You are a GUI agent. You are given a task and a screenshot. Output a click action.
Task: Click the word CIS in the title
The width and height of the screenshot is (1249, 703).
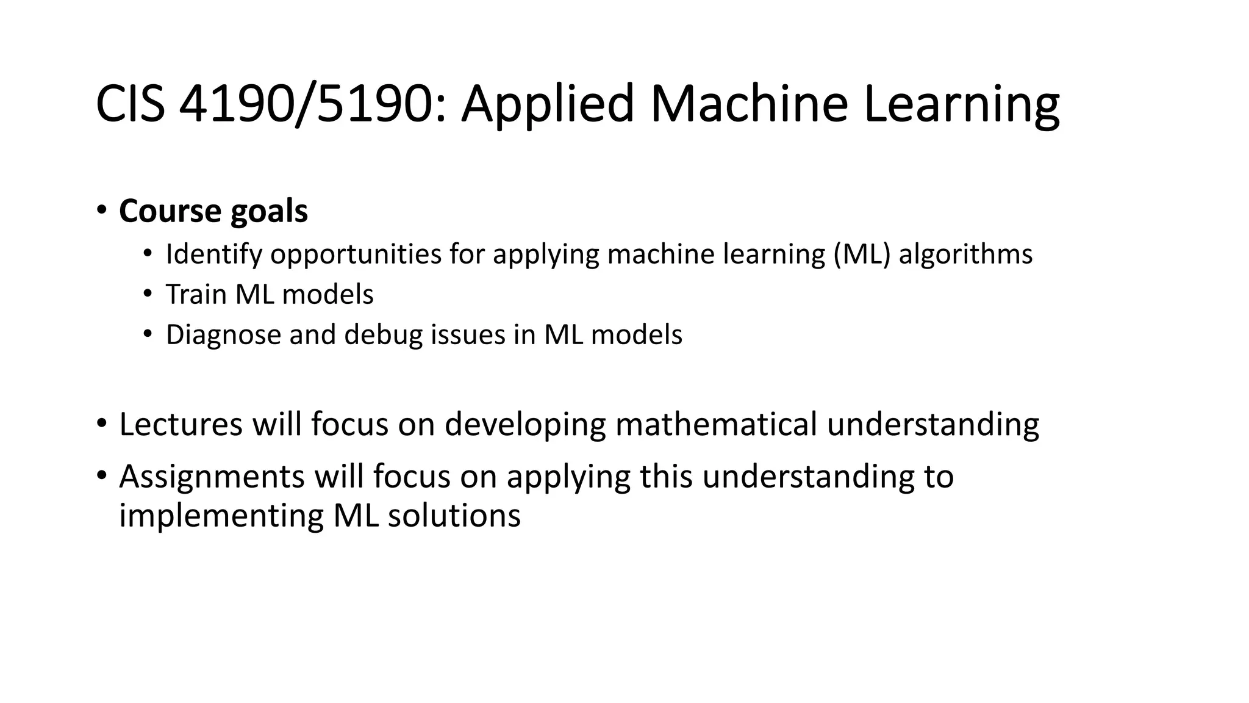tap(130, 104)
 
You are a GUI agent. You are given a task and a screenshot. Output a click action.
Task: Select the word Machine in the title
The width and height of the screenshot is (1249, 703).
tap(748, 104)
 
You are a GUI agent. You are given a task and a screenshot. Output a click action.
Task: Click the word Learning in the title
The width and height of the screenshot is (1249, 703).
tap(962, 104)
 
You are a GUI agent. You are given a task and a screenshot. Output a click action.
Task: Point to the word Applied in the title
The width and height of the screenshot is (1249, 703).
tap(547, 104)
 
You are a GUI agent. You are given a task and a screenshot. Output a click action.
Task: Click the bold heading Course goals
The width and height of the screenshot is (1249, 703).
tap(213, 211)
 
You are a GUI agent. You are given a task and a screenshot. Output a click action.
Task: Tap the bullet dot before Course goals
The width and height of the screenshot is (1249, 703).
tap(101, 210)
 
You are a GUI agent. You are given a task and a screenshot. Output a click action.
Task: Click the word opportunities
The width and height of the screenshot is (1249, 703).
tap(356, 254)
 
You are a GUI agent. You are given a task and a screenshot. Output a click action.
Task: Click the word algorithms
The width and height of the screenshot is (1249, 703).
tap(965, 254)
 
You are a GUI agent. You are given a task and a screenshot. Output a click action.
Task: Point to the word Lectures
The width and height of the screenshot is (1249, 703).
tap(181, 424)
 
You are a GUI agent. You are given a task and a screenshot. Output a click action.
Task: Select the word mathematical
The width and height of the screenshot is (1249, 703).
tap(715, 424)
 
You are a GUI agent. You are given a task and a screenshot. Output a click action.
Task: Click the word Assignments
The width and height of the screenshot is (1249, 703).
tap(212, 477)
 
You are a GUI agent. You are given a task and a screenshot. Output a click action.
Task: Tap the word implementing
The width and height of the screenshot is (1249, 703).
tap(221, 516)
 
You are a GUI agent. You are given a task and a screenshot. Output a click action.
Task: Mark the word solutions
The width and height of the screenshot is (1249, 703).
tap(454, 516)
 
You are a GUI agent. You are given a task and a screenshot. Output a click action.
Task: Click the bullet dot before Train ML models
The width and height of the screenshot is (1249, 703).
tap(147, 294)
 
